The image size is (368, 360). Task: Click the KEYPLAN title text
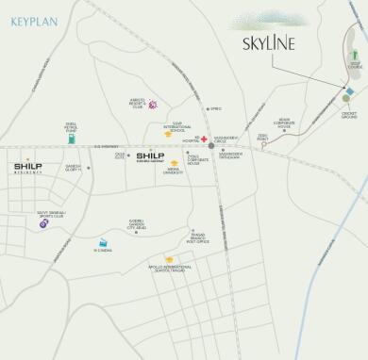pyautogui.click(x=35, y=19)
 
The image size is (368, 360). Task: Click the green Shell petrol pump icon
pyautogui.click(x=71, y=138)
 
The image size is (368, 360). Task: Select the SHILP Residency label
pyautogui.click(x=27, y=169)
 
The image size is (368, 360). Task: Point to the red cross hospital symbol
pyautogui.click(x=203, y=139)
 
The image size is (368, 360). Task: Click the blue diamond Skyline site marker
pyautogui.click(x=349, y=91)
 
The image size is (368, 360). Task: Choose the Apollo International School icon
pyautogui.click(x=170, y=259)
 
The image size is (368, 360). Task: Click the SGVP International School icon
pyautogui.click(x=168, y=134)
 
